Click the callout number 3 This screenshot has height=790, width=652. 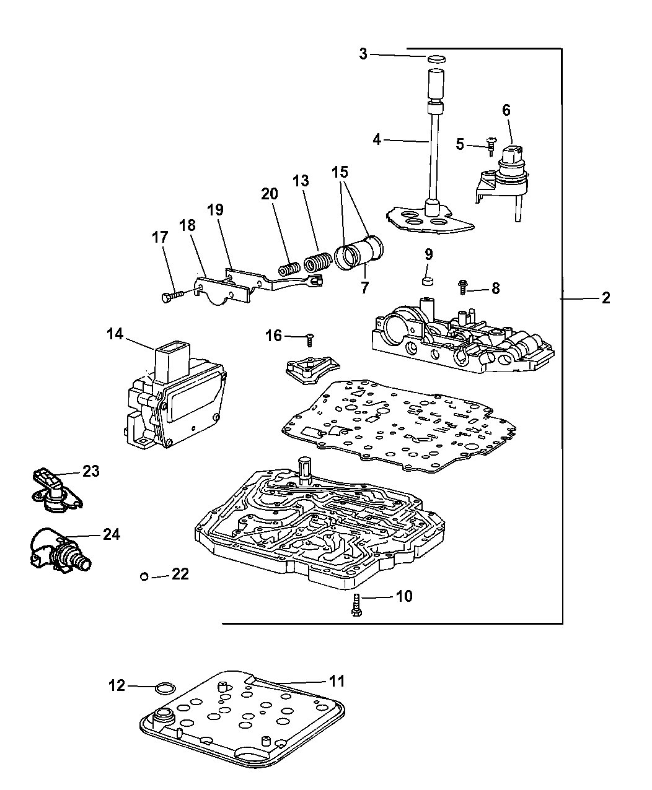pos(363,54)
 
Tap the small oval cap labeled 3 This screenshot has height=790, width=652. pos(437,59)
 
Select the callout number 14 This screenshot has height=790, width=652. pos(115,334)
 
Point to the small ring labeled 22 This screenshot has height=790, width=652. pos(144,576)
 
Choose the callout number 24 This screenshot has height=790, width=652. pos(112,534)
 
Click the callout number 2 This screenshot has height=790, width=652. pos(606,298)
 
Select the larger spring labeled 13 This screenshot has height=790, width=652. pos(316,261)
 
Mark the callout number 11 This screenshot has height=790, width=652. pos(337,681)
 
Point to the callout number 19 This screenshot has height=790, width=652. pos(214,209)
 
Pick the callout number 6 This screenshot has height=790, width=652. pos(506,110)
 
